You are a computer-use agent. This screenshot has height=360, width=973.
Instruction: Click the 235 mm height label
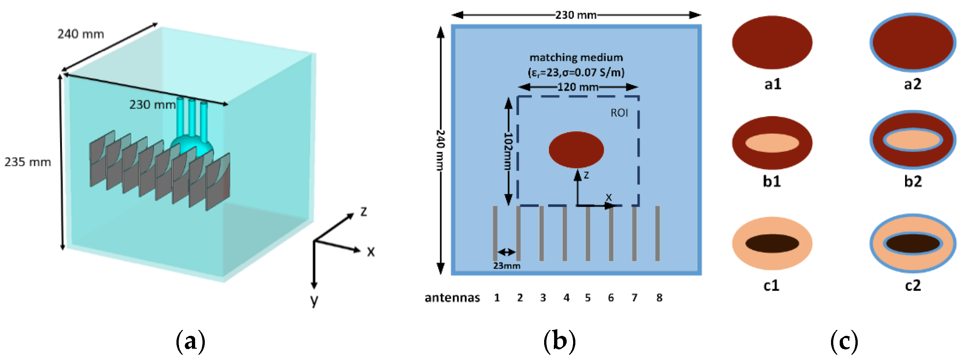28,162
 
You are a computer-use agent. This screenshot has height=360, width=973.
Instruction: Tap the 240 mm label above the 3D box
80,34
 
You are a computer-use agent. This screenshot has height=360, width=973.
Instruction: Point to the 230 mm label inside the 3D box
152,105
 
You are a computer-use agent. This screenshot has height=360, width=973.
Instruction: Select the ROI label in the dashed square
619,113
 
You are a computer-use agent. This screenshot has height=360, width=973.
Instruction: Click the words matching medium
576,57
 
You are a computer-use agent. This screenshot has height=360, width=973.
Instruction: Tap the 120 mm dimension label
578,87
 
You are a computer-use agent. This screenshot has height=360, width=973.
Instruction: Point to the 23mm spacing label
506,266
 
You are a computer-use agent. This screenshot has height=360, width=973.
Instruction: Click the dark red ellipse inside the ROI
576,150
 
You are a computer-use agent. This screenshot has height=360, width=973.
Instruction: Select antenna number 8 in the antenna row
659,298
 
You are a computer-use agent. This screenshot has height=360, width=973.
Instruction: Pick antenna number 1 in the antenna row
497,298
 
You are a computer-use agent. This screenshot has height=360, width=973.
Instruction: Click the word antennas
452,298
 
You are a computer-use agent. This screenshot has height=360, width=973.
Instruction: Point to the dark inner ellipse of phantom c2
912,243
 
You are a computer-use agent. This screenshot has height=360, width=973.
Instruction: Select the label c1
771,286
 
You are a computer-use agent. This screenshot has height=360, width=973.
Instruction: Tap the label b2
912,182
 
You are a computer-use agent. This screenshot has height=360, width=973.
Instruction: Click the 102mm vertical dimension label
508,151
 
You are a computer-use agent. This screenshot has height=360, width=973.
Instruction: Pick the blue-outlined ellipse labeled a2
912,42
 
